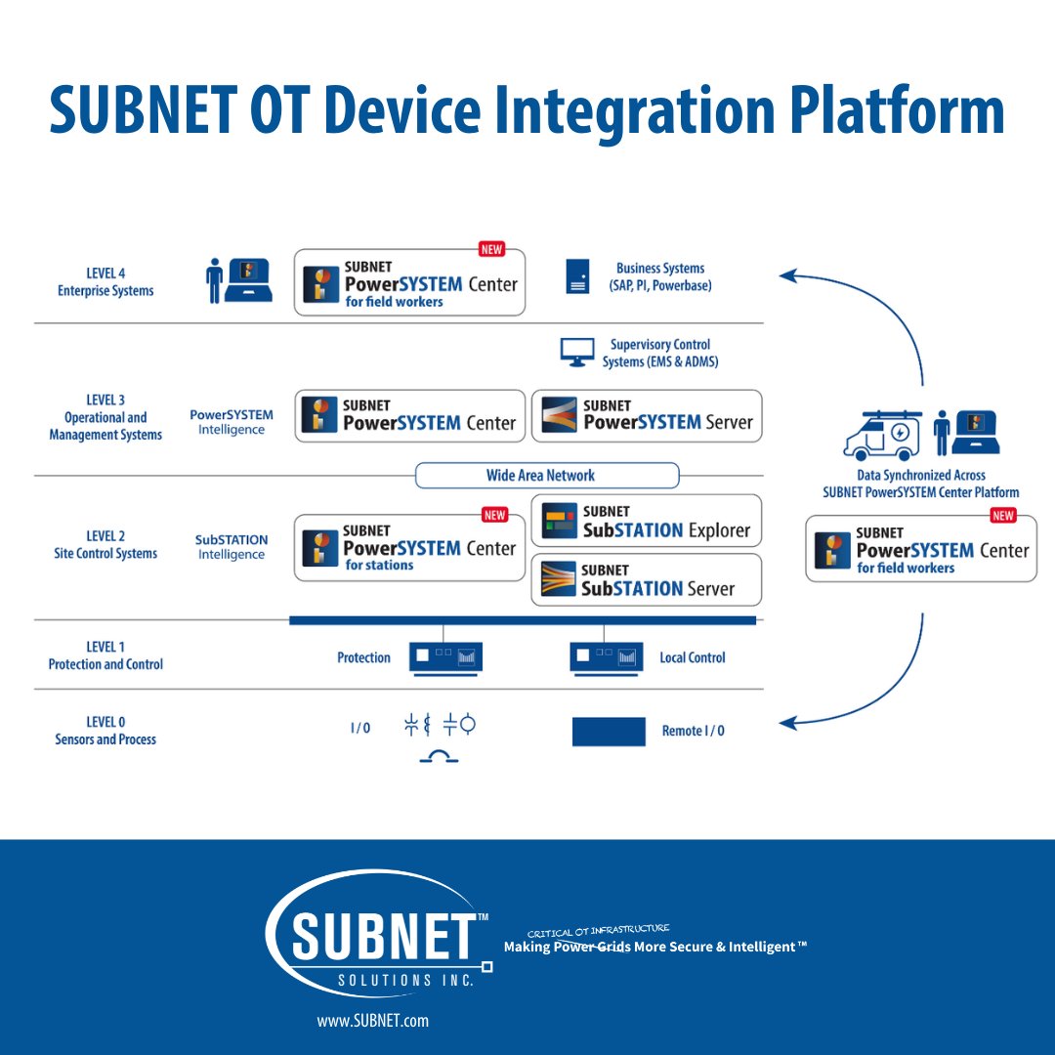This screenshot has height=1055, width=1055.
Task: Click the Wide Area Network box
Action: coord(547,476)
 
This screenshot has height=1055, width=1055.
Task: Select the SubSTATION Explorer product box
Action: coord(646,521)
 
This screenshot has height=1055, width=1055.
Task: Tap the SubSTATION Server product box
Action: coord(646,579)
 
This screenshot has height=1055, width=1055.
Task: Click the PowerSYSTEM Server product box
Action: coord(646,415)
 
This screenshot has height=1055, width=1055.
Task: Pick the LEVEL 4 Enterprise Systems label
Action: coord(105,282)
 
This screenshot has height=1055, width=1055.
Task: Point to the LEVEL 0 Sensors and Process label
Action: coord(105,732)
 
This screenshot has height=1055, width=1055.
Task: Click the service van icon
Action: coord(883,436)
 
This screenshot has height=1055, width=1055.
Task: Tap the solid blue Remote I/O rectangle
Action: coord(609,732)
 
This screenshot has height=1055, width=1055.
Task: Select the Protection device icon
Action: coord(445,656)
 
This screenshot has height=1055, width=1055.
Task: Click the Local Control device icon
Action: coord(607,656)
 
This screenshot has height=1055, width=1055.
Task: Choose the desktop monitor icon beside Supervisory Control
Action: coord(577,352)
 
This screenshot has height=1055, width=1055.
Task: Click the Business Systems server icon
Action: coord(577,277)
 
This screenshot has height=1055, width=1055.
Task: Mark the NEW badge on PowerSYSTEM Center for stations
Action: coord(495,515)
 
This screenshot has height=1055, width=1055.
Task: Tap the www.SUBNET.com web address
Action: coord(372,1021)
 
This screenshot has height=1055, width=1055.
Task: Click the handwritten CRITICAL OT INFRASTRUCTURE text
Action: coord(598,931)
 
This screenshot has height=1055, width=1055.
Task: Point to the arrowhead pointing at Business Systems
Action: coord(786,276)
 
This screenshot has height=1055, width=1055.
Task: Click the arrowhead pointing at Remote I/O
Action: coord(787,724)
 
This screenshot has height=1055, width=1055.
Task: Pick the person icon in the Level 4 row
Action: coord(214,281)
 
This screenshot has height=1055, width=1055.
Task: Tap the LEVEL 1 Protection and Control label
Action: coord(105,655)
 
